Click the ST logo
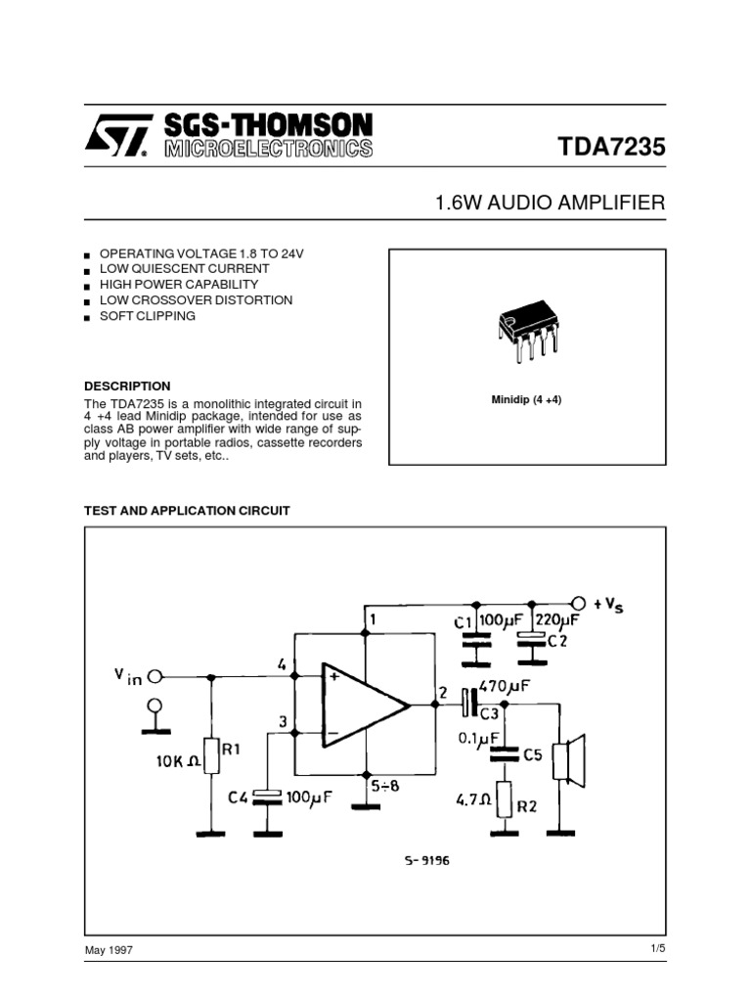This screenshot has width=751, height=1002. [x=118, y=135]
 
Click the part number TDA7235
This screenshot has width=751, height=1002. [x=611, y=148]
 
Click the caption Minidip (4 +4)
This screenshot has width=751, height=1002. [x=526, y=401]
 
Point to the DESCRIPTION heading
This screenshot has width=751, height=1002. [x=127, y=387]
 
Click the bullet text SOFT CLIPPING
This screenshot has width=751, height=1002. [x=148, y=317]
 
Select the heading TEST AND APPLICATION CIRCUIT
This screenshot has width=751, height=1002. [x=187, y=511]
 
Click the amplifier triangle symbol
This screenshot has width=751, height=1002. [x=362, y=704]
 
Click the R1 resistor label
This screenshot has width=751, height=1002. [x=233, y=750]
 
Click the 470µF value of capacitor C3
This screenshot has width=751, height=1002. [x=505, y=687]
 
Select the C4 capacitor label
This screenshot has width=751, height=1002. [x=239, y=797]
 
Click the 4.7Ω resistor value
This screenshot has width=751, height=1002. [x=474, y=799]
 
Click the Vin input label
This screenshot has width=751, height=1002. [x=127, y=675]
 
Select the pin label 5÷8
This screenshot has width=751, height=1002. [x=385, y=784]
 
